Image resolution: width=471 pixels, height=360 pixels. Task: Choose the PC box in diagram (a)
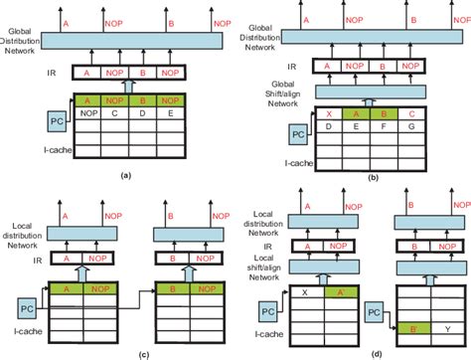pyautogui.click(x=58, y=121)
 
